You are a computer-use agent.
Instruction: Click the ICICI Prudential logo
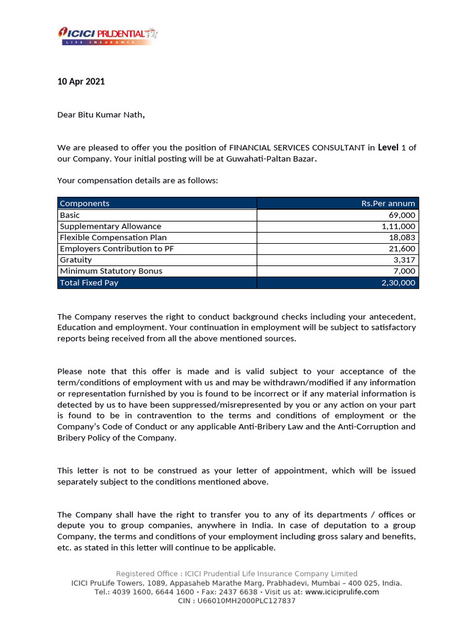tap(108, 35)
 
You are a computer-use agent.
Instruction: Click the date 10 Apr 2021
tap(81, 81)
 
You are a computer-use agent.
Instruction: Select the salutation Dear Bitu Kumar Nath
tap(101, 114)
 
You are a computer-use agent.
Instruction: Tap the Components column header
tap(85, 203)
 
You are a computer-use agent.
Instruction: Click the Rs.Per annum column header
tap(388, 203)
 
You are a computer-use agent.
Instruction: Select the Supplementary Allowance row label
tap(110, 227)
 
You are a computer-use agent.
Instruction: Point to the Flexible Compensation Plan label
tap(113, 238)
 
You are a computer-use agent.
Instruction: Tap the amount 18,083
tap(404, 238)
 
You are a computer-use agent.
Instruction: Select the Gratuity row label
tap(76, 260)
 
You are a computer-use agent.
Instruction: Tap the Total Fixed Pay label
tap(89, 283)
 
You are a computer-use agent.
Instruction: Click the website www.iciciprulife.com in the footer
tap(342, 592)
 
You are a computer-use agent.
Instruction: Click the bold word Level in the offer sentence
tap(388, 148)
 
